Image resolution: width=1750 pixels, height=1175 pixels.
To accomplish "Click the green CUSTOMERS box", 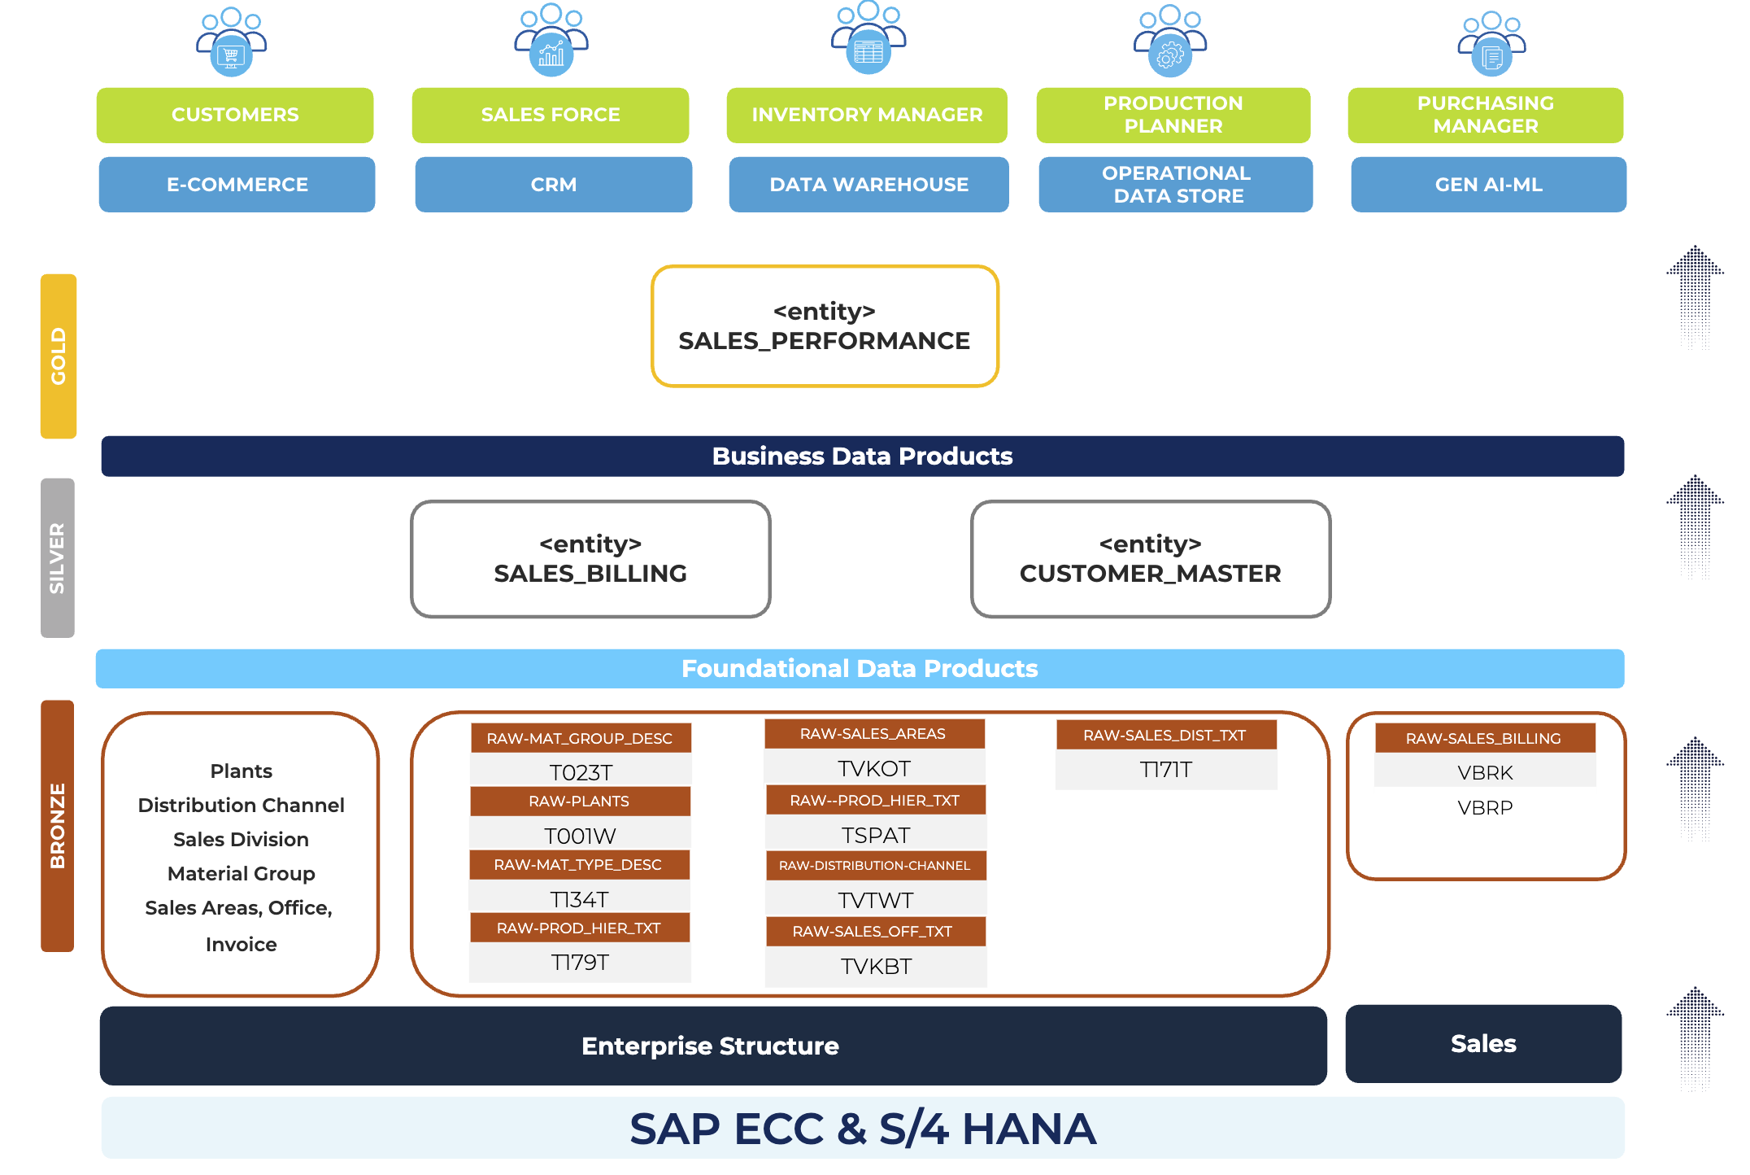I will pos(235,115).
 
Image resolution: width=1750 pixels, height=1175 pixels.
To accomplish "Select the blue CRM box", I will pos(553,185).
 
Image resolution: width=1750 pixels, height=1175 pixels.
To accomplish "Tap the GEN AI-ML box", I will pos(1488,185).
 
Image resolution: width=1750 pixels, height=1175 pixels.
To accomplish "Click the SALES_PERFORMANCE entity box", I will pos(825,326).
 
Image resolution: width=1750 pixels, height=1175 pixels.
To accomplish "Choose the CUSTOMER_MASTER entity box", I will pos(1150,559).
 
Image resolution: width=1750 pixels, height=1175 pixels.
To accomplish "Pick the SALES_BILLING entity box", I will pos(590,559).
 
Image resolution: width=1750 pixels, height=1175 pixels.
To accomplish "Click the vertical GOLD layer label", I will pos(59,356).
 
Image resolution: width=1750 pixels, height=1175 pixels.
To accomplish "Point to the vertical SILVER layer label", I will pos(58,558).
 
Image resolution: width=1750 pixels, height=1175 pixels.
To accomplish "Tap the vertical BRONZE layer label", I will pos(58,825).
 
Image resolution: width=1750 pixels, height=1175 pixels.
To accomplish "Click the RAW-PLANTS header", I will pos(579,802).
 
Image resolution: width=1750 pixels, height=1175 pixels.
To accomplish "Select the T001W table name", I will pos(580,836).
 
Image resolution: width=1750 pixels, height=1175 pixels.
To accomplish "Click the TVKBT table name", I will pos(876,967).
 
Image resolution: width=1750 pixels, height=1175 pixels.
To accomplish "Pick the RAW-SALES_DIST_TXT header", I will pos(1165,736).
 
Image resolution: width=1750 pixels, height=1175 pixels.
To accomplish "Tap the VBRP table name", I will pos(1485,808).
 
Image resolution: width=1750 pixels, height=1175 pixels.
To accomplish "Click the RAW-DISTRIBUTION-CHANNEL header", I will pos(875,866).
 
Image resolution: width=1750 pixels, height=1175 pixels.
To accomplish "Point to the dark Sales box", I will pos(1483,1044).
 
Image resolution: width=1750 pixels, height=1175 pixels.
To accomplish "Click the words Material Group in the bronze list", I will pos(241,874).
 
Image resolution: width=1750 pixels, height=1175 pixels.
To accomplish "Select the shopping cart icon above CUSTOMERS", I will pos(232,55).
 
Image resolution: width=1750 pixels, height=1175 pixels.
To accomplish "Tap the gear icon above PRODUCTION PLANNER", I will pos(1169,55).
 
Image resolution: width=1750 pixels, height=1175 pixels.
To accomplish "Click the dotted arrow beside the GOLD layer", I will pos(1695,298).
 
